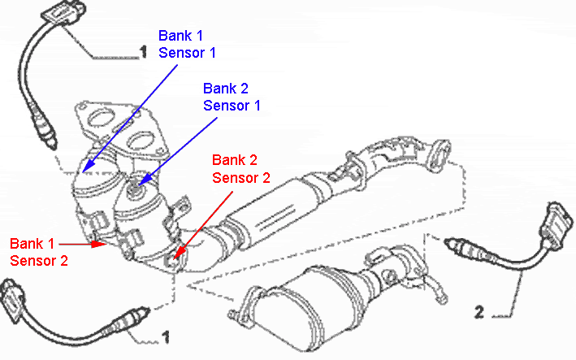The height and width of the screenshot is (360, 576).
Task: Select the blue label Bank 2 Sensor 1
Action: [232, 96]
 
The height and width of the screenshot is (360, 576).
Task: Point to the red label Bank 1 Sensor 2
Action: [39, 252]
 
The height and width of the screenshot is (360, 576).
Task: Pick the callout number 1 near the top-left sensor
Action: [142, 51]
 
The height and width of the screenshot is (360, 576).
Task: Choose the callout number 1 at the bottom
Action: [165, 335]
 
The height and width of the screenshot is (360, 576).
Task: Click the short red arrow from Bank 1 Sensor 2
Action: [84, 241]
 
